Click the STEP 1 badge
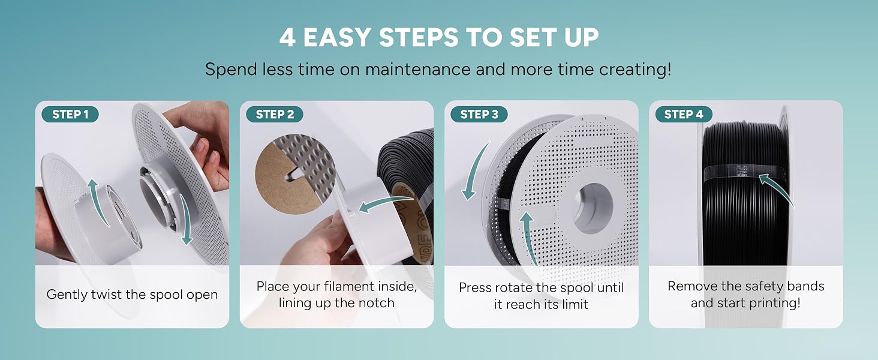pyautogui.click(x=70, y=114)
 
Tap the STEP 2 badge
pyautogui.click(x=275, y=114)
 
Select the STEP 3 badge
pyautogui.click(x=479, y=114)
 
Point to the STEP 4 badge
pyautogui.click(x=684, y=114)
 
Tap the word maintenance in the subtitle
pyautogui.click(x=417, y=70)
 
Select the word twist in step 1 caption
pyautogui.click(x=106, y=295)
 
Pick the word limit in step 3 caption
pyautogui.click(x=575, y=304)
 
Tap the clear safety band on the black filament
pyautogui.click(x=745, y=173)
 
